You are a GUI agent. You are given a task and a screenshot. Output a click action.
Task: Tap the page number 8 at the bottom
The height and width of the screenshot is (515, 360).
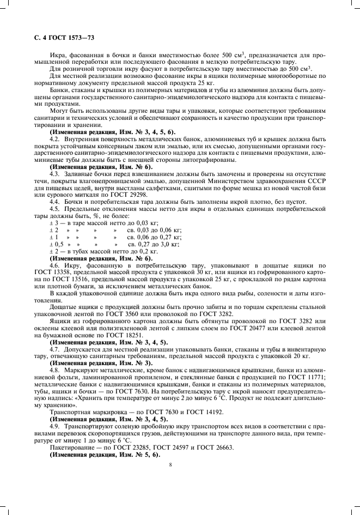pos(170,465)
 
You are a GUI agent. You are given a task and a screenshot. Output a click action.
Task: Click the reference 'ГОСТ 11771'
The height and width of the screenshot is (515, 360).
pos(309,377)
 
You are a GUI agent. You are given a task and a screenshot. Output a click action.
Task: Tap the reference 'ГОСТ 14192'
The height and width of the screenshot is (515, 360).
pos(199,413)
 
